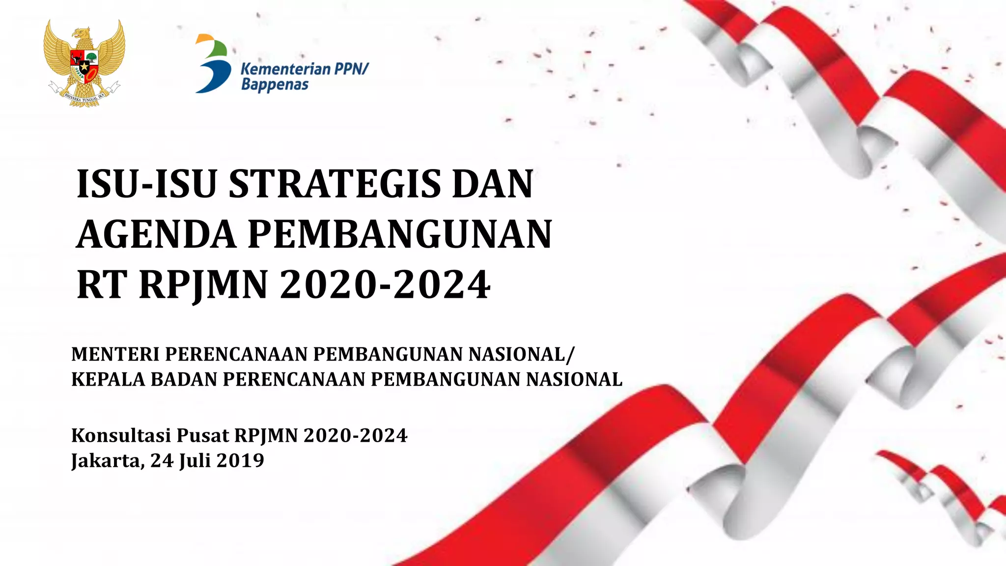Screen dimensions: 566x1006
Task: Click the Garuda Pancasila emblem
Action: (84, 63)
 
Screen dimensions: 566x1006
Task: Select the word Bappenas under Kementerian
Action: (275, 85)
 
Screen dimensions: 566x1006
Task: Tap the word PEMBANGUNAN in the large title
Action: (400, 234)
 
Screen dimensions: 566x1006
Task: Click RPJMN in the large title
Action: (203, 285)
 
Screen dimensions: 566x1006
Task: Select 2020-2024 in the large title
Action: (385, 285)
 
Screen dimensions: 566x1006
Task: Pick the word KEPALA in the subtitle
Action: (109, 379)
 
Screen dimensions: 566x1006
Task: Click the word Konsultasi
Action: (121, 435)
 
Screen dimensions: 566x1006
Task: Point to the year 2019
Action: (240, 460)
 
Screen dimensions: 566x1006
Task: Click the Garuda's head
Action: (82, 34)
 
